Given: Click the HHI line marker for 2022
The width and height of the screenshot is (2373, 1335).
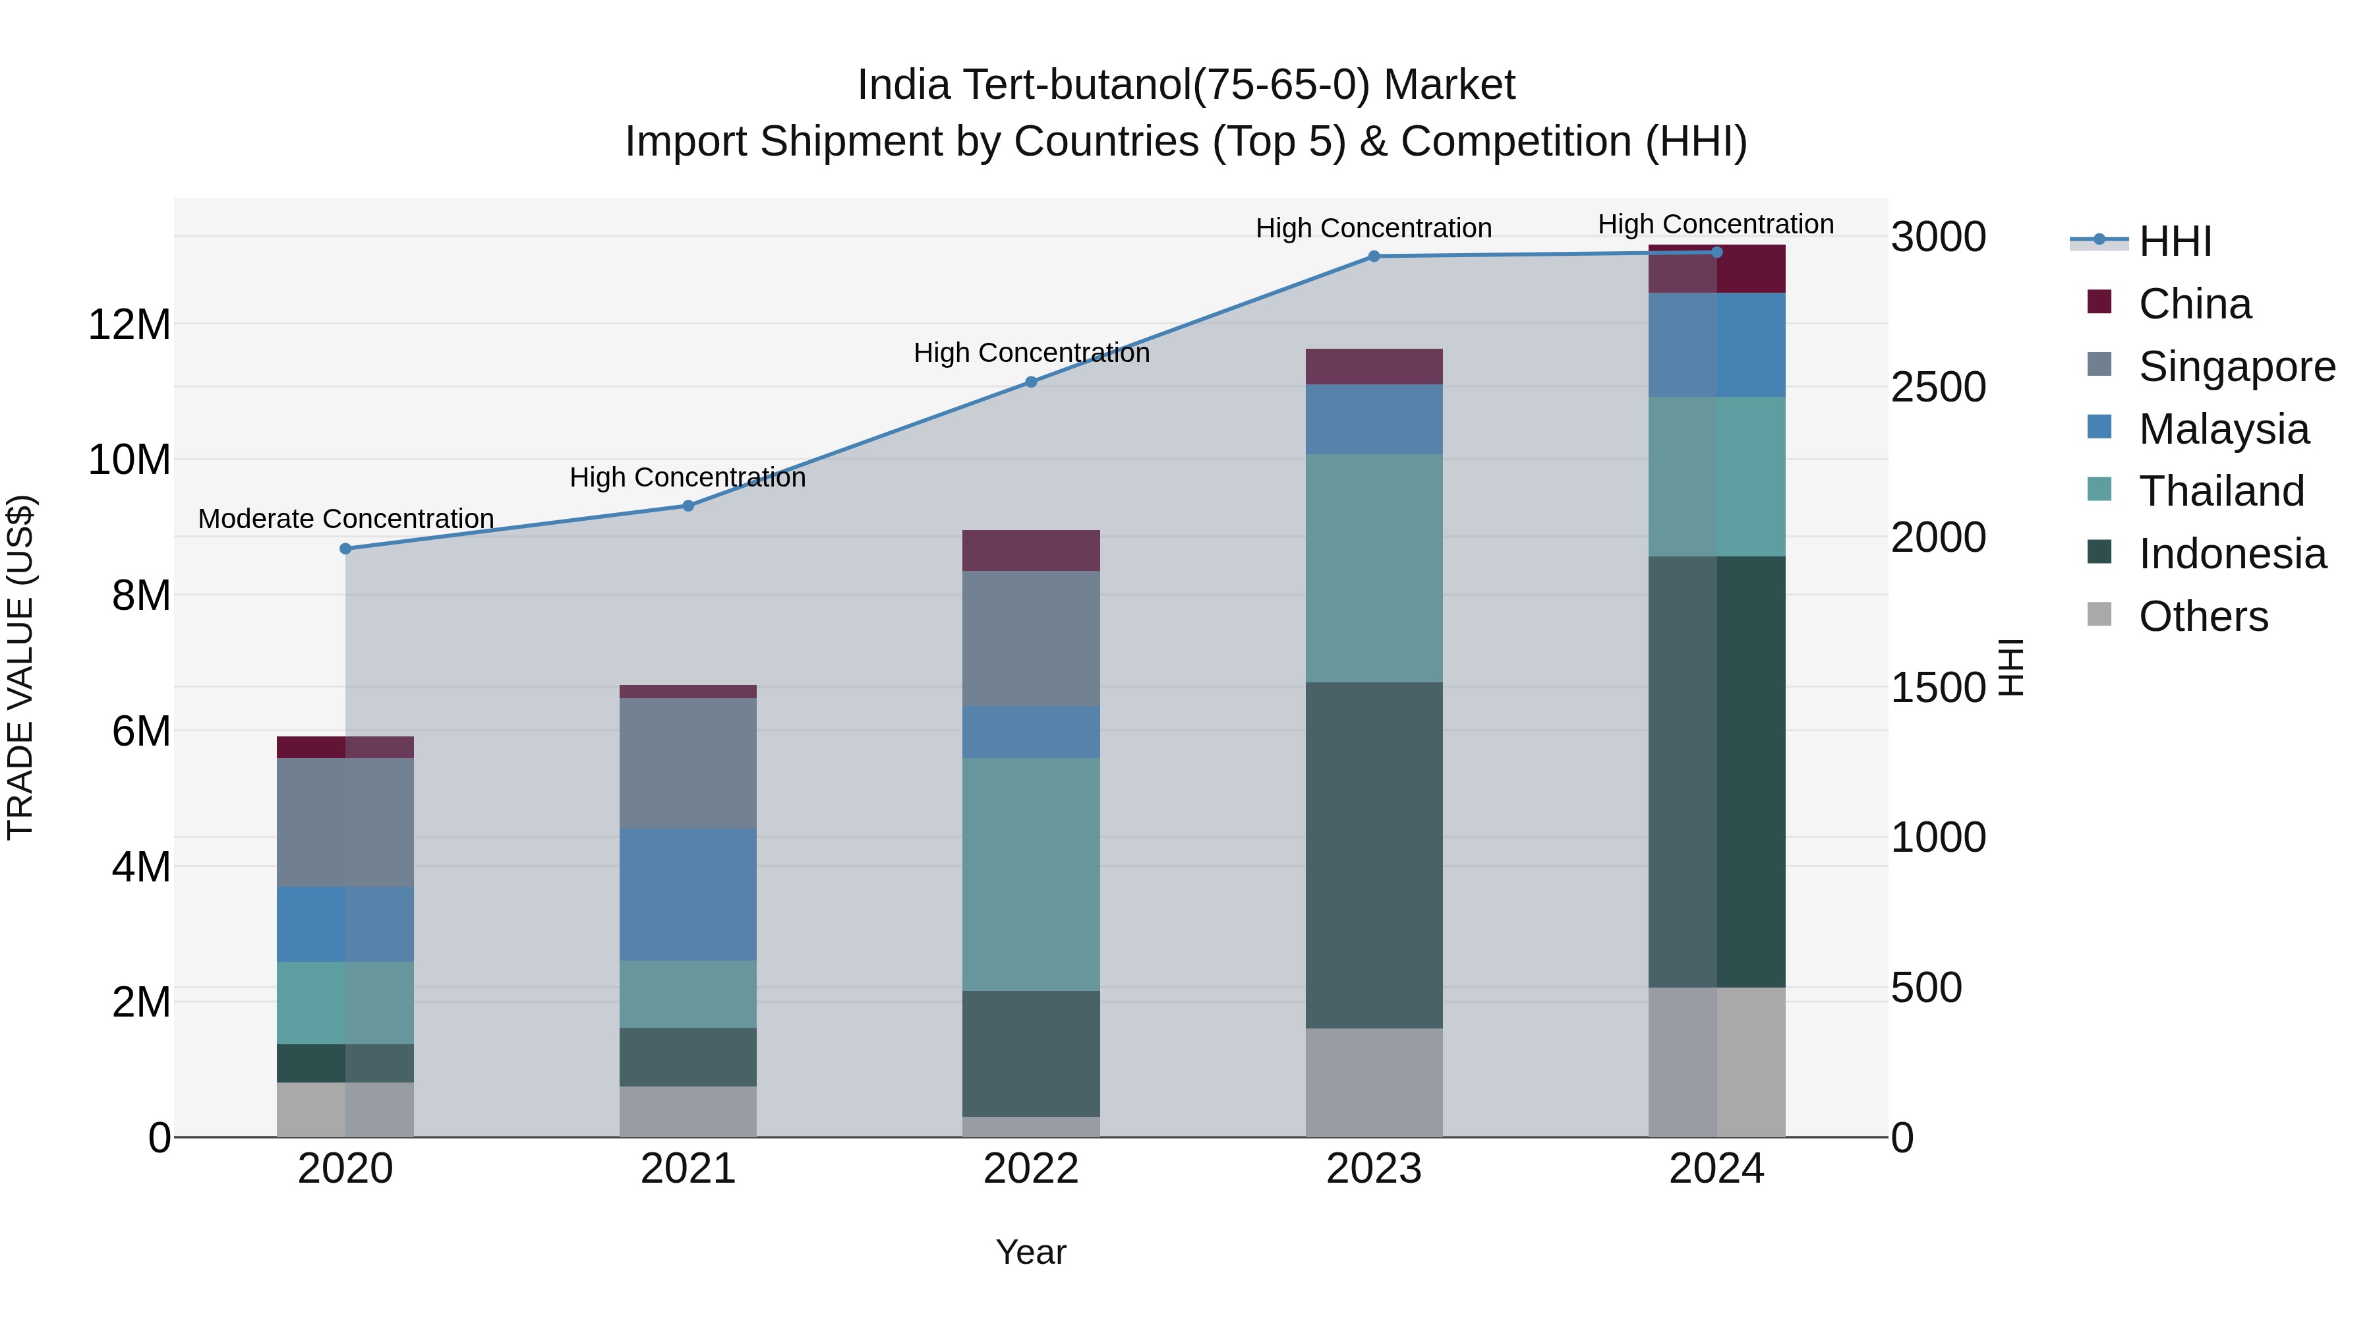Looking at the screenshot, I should [x=1031, y=382].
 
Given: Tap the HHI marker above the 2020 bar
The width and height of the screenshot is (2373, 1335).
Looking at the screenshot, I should [x=345, y=549].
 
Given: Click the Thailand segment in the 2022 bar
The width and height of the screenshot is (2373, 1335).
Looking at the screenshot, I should [x=1031, y=874].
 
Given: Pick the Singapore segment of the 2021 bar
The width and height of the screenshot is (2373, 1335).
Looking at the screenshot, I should [x=688, y=762].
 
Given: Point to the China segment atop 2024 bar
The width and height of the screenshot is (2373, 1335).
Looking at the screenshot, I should [x=1716, y=270].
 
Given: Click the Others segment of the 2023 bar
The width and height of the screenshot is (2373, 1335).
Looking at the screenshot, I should [x=1374, y=1082].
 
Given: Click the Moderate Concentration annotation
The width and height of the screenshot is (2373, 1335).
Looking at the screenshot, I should [x=345, y=519].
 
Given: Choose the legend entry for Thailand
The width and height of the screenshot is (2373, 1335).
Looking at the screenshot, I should [x=2221, y=491].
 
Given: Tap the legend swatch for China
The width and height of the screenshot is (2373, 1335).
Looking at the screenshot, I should [x=2099, y=302].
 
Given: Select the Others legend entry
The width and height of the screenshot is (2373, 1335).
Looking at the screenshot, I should [x=2202, y=616].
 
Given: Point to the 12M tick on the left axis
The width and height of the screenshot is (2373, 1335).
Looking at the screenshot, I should [x=129, y=324].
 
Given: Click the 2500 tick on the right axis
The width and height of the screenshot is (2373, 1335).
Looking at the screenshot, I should [x=1938, y=387].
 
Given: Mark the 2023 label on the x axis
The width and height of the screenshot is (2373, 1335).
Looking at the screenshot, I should [x=1374, y=1169].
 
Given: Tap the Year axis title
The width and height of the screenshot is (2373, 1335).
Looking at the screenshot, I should [x=1031, y=1252].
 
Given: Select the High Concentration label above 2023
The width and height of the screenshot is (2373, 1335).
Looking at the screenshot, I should [x=1374, y=227].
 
